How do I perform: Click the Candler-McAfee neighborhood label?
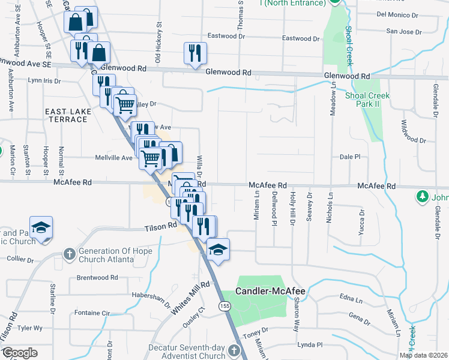[270, 292]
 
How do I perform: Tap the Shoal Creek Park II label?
[367, 100]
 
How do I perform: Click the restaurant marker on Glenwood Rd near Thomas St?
[195, 53]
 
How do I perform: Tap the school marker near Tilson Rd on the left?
[41, 227]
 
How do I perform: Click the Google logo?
[19, 353]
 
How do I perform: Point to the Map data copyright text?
[423, 355]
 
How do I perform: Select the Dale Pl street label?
[349, 156]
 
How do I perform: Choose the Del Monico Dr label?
[396, 14]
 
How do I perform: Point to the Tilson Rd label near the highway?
[160, 227]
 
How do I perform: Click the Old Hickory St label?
[158, 43]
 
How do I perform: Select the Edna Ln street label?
[351, 297]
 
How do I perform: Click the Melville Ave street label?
[113, 158]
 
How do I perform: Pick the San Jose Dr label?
[400, 31]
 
